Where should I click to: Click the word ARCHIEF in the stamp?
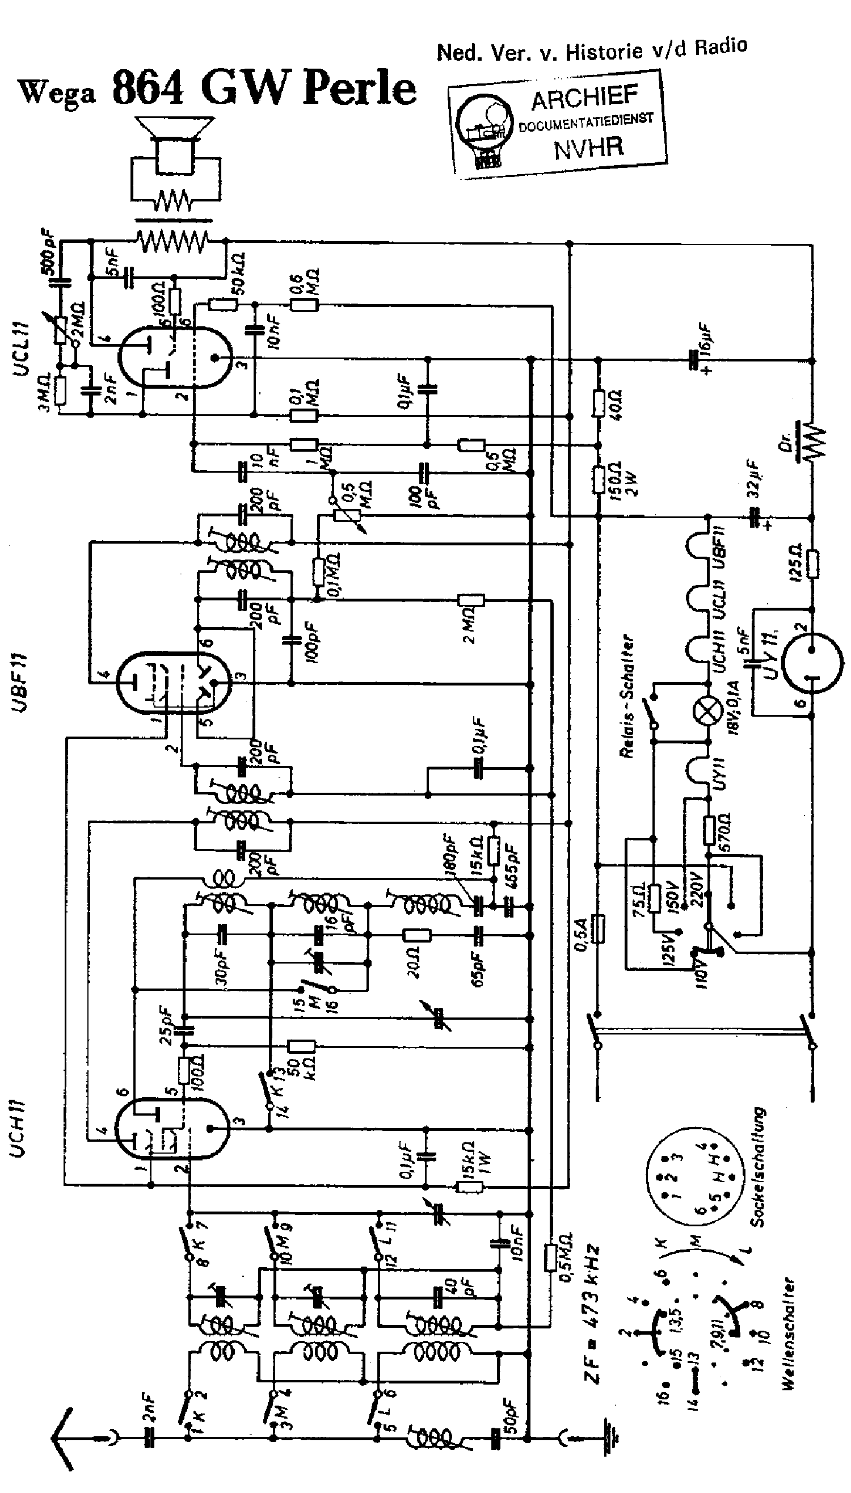pos(584,98)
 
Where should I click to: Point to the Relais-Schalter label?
pos(628,696)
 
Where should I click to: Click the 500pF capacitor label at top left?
pos(49,253)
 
